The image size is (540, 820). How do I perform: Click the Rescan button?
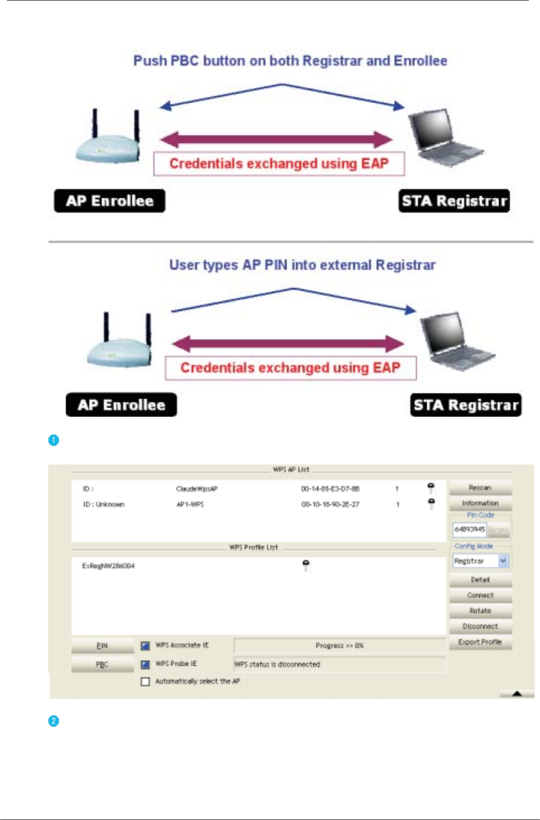(480, 488)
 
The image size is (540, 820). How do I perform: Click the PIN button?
(102, 646)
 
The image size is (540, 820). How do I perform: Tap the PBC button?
(102, 665)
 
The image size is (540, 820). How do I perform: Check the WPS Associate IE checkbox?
(146, 646)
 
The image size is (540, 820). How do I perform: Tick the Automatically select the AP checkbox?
(146, 682)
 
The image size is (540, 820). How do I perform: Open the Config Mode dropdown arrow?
(503, 561)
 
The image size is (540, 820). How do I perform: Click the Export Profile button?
(480, 642)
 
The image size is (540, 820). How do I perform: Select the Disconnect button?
(480, 627)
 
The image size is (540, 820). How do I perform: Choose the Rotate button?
(480, 611)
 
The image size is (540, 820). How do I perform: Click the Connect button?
(480, 595)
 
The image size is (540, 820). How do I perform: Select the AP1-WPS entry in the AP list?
(190, 504)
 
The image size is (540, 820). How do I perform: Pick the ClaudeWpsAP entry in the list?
(197, 489)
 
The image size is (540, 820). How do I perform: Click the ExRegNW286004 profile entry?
(109, 566)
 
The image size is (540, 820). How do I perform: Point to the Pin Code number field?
(469, 530)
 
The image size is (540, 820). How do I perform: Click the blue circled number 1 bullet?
(54, 440)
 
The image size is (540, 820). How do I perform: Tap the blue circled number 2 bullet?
(54, 721)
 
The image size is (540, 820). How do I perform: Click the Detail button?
(480, 580)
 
